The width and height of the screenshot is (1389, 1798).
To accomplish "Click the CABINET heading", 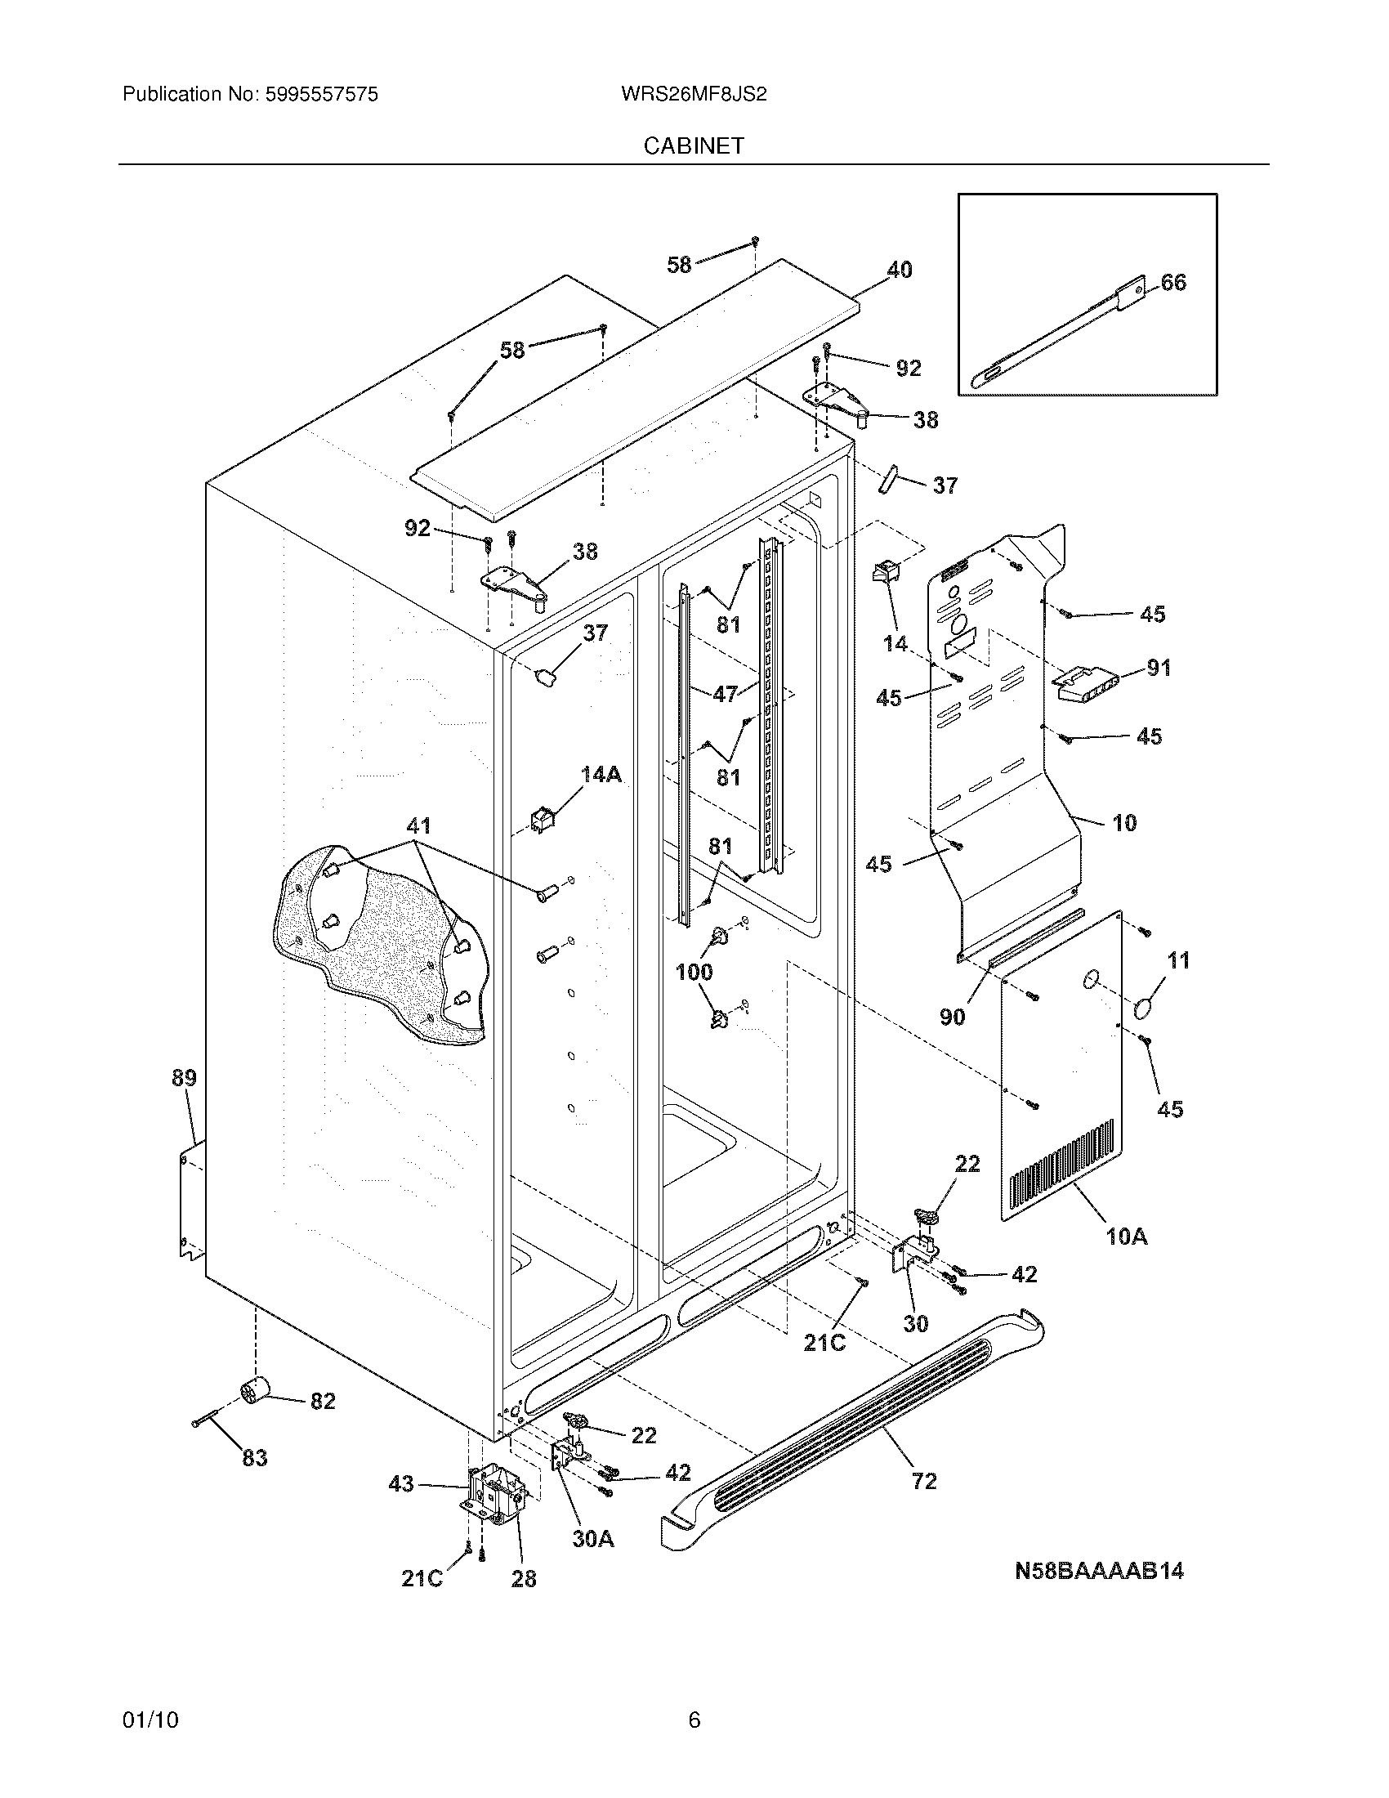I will point(694,145).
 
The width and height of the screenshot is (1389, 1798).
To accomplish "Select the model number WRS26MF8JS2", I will point(694,95).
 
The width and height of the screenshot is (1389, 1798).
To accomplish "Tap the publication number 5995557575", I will point(320,95).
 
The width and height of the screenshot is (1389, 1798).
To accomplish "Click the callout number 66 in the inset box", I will point(1173,283).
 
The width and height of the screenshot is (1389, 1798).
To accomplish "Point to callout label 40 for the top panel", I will point(899,269).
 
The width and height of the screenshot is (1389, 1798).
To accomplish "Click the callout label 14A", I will point(601,773).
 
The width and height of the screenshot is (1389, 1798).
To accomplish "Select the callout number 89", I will point(185,1077).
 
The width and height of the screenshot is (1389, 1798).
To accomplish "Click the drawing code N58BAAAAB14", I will point(1098,1571).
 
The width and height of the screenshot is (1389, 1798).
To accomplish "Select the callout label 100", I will point(694,973).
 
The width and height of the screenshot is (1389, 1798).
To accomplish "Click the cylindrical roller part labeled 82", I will point(255,1390).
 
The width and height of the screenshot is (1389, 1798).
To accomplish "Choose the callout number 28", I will point(524,1578).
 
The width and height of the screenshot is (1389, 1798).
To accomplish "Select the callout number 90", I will point(952,1017).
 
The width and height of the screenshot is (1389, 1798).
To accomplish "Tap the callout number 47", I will point(725,694).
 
